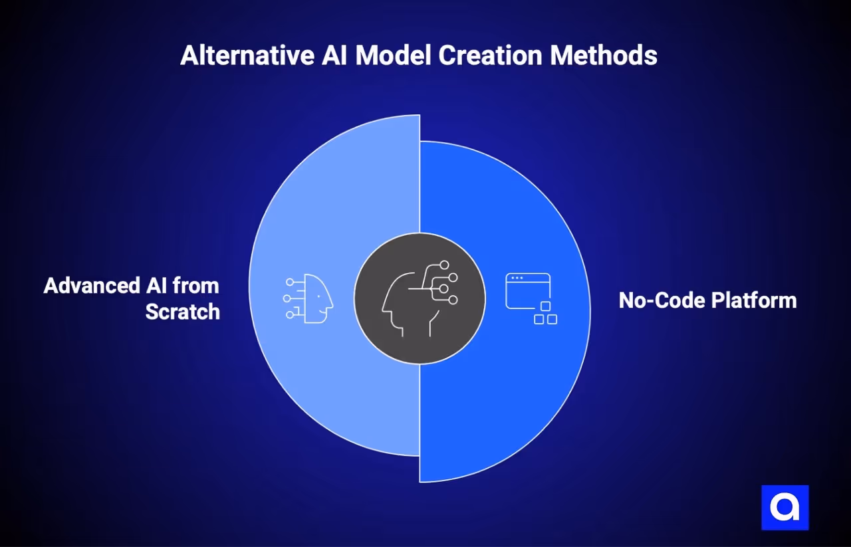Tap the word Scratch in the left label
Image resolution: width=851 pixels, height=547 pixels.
[x=182, y=311]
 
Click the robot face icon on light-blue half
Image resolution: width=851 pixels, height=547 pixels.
[x=308, y=299]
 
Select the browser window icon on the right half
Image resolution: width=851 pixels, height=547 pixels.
[x=528, y=291]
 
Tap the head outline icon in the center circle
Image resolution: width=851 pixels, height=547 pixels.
[x=419, y=298]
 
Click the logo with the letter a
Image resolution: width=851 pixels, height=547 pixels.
[x=785, y=508]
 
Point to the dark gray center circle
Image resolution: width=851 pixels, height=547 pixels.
[x=372, y=326]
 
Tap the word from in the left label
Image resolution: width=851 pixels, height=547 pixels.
[x=195, y=286]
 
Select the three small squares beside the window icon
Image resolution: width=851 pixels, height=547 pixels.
[x=546, y=314]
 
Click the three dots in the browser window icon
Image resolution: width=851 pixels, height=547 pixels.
[x=517, y=278]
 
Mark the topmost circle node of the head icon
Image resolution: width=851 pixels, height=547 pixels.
[x=444, y=265]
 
